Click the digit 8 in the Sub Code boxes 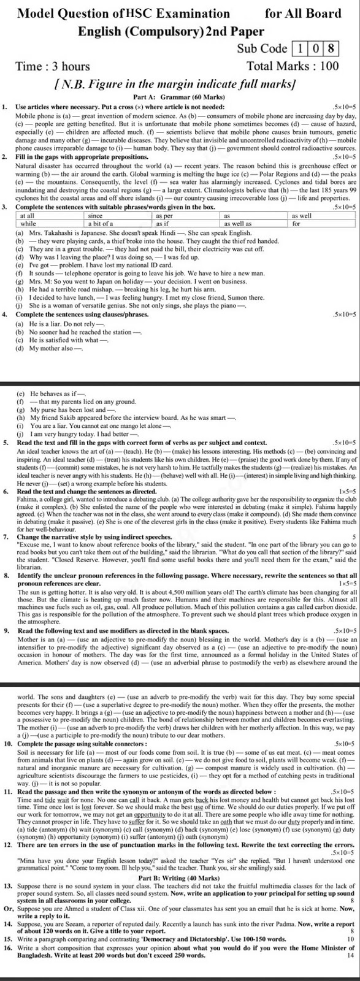331,48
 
